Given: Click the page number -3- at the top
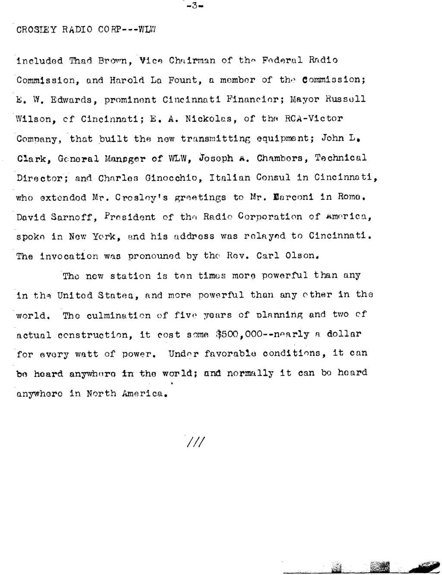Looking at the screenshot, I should tap(195, 6).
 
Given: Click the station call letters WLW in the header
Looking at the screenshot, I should tap(147, 29).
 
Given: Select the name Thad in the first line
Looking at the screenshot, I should tap(81, 60).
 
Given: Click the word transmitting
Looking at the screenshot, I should tap(215, 139).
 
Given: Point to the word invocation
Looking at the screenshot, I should tap(69, 256).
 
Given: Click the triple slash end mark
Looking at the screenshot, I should tap(196, 442).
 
